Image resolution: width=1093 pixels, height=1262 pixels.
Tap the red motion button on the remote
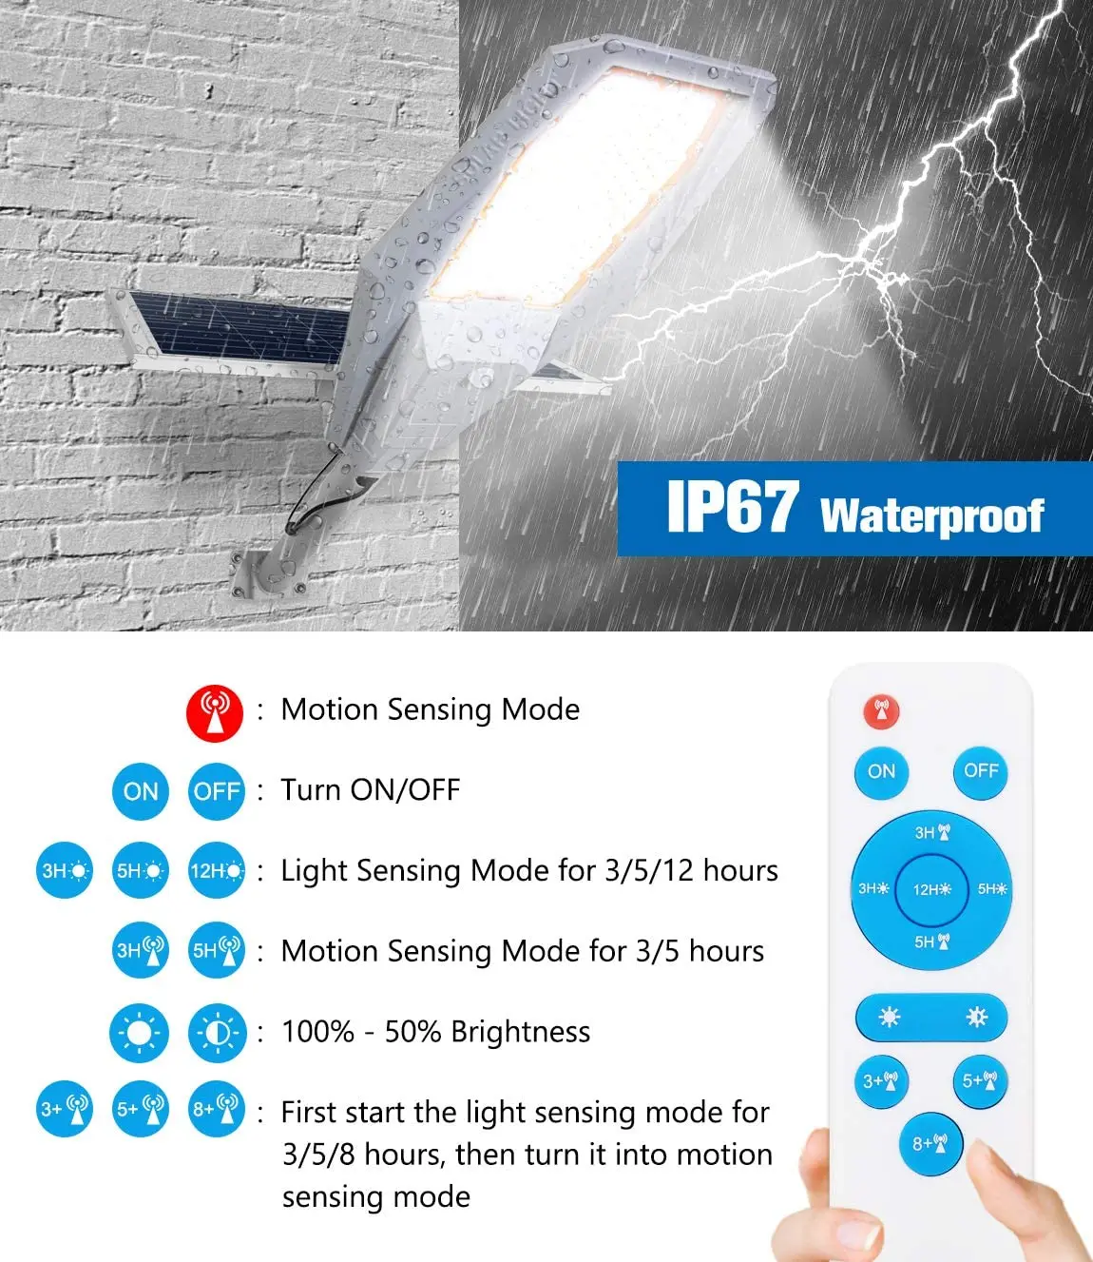pos(881,711)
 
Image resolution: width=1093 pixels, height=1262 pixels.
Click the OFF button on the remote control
pos(980,771)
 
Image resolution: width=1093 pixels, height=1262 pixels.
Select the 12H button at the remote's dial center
pos(930,889)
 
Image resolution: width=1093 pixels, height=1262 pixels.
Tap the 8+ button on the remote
pos(930,1143)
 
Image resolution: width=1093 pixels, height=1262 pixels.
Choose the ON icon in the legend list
pos(141,791)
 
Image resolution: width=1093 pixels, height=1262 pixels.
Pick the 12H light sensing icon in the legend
pos(217,870)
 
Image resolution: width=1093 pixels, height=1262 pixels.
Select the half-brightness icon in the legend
pos(217,1033)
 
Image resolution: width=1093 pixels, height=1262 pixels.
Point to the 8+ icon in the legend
pos(217,1109)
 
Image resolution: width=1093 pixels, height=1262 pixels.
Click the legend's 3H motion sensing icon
pos(141,950)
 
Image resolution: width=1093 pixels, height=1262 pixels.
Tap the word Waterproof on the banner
pos(931,515)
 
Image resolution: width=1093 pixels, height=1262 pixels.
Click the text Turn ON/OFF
pos(371,790)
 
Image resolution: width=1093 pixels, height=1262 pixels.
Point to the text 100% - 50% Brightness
pos(435,1032)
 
